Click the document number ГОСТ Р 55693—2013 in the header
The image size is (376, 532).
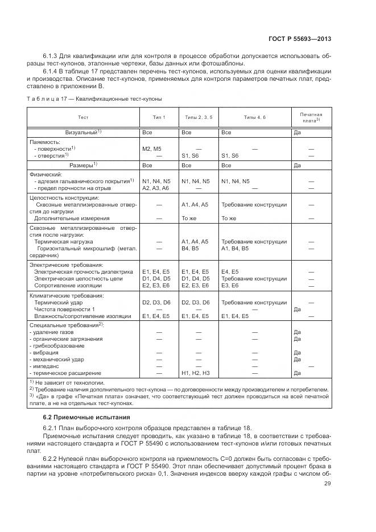pos(300,39)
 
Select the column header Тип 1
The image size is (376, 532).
pos(159,117)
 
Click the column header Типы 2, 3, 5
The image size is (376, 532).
pos(199,117)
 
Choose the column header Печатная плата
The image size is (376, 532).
pos(311,117)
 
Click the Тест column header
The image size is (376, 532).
pos(83,117)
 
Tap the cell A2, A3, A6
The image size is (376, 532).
pos(155,187)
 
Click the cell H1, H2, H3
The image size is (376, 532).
pos(195,373)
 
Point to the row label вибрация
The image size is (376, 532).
pos(47,352)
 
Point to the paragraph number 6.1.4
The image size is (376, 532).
pos(51,71)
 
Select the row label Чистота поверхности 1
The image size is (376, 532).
pos(64,309)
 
